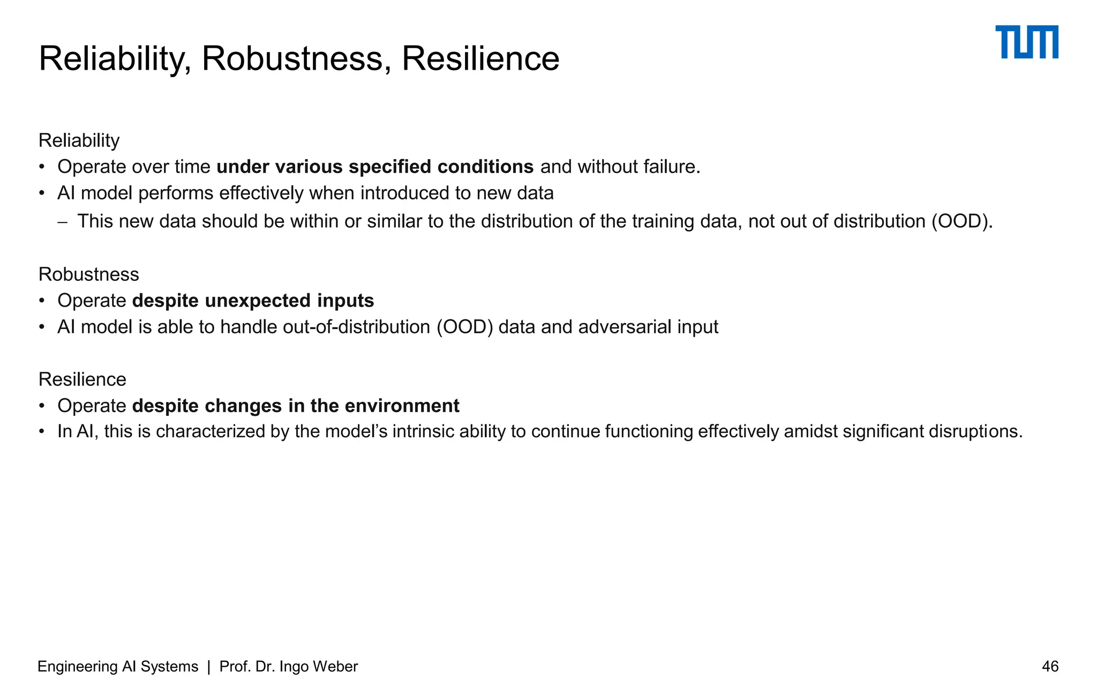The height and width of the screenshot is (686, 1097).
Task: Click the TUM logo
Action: pyautogui.click(x=1026, y=42)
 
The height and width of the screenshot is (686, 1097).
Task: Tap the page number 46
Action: pyautogui.click(x=1050, y=666)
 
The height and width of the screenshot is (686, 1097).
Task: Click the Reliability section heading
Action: pyautogui.click(x=79, y=140)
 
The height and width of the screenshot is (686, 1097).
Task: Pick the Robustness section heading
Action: pyautogui.click(x=88, y=274)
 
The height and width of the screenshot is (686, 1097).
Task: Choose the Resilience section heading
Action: pyautogui.click(x=82, y=379)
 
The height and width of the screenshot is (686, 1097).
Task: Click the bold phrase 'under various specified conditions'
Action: pyautogui.click(x=375, y=167)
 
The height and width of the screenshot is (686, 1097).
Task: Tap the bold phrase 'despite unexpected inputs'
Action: pyautogui.click(x=253, y=301)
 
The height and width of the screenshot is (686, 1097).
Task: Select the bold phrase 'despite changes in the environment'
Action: pyautogui.click(x=296, y=406)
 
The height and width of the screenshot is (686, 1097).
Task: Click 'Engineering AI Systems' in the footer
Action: pyautogui.click(x=118, y=666)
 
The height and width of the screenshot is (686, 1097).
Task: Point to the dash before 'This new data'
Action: pyautogui.click(x=63, y=221)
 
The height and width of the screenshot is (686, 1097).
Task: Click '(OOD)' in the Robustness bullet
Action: pyautogui.click(x=464, y=327)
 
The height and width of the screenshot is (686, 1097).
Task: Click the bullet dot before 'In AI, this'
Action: pyautogui.click(x=42, y=431)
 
